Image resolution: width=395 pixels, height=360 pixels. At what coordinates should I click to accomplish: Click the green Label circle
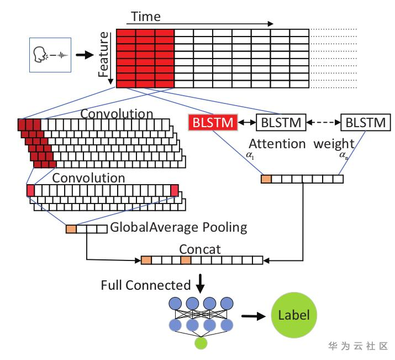(294, 316)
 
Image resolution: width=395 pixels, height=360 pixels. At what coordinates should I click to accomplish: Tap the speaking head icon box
(50, 55)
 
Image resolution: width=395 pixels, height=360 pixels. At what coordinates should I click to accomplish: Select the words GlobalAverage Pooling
(178, 227)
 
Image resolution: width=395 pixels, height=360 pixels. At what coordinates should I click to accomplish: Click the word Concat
(200, 249)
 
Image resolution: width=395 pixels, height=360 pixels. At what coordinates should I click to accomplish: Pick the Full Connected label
(145, 285)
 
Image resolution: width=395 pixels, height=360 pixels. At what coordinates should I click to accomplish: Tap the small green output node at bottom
(201, 345)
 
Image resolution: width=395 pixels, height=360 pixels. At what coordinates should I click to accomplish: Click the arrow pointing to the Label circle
(252, 316)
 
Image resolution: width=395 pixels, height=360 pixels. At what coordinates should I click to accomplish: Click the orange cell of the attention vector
(266, 179)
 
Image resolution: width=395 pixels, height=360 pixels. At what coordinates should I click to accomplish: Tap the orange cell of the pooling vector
(71, 228)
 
